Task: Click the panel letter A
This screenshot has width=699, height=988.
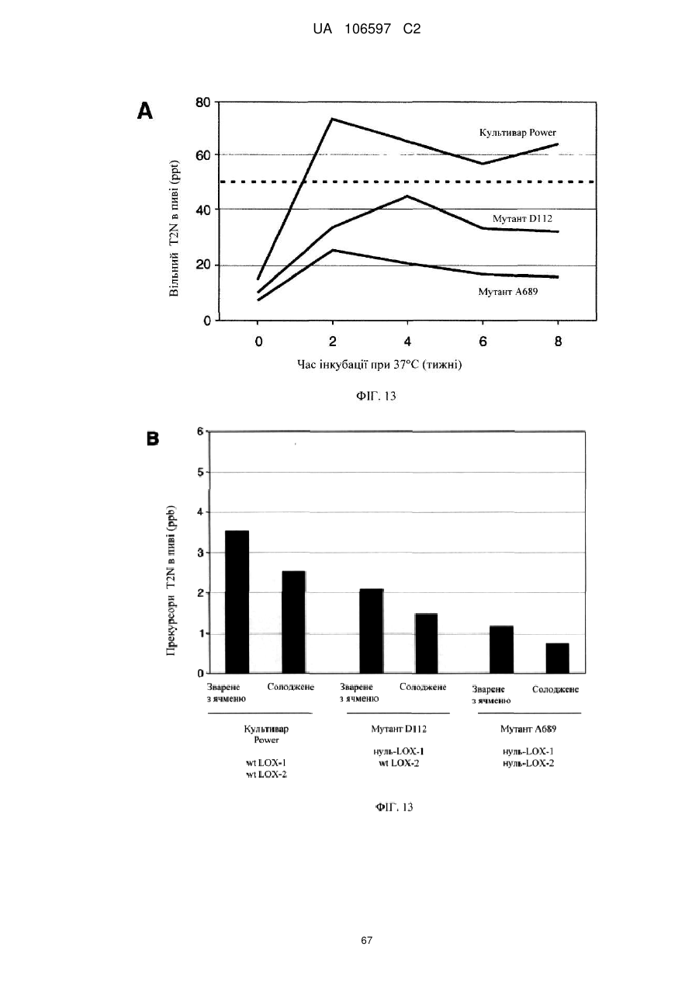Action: coord(145,111)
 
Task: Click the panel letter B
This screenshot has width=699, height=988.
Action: coord(153,439)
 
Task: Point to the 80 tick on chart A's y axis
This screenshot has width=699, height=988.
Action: coord(203,102)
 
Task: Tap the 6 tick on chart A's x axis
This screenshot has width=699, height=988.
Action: coord(483,341)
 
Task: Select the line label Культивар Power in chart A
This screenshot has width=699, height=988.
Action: coord(517,132)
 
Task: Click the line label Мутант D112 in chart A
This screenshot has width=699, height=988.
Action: coord(522,218)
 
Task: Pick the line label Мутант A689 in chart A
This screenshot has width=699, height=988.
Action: coord(508,292)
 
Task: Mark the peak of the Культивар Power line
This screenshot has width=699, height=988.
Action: coord(333,119)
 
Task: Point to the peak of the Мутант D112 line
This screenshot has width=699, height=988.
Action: coord(407,196)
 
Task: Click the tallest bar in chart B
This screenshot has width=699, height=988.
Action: coord(237,601)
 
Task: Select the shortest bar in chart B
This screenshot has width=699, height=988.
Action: coord(558,658)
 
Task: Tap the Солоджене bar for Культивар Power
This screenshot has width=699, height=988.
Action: coord(293,622)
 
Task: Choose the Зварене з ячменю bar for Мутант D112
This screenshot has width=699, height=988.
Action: coord(372,631)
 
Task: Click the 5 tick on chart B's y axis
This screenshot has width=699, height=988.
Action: coord(201,473)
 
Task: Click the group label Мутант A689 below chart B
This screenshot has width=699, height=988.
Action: coord(528,729)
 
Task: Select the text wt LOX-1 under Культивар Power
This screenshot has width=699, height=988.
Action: coord(266,763)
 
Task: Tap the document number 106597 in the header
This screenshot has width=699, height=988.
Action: coord(368,29)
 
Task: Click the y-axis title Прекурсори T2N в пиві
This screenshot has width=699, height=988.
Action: coord(172,581)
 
